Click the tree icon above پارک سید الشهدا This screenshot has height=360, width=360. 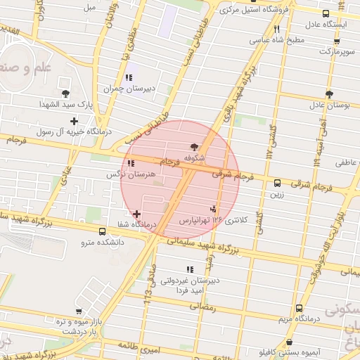(x=65, y=93)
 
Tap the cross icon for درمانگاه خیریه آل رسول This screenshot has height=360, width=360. (x=75, y=121)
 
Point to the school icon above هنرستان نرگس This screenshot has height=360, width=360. (x=131, y=162)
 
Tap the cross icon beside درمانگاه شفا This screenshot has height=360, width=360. (x=136, y=213)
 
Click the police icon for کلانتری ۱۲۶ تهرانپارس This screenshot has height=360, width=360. (x=212, y=208)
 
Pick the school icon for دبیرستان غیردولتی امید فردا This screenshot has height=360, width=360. (x=188, y=269)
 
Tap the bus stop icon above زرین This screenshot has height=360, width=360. (x=277, y=183)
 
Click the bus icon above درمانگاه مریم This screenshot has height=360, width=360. (x=299, y=308)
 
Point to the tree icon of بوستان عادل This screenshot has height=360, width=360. (x=328, y=94)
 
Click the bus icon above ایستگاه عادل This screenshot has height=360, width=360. (x=325, y=13)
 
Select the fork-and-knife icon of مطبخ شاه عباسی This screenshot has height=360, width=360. (x=276, y=30)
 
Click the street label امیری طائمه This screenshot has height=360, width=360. (x=131, y=347)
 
